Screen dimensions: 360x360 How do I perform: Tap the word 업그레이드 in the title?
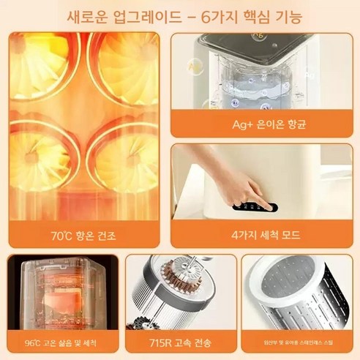143,15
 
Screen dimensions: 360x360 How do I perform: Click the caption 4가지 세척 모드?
265,236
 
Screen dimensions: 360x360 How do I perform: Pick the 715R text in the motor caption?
162,342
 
